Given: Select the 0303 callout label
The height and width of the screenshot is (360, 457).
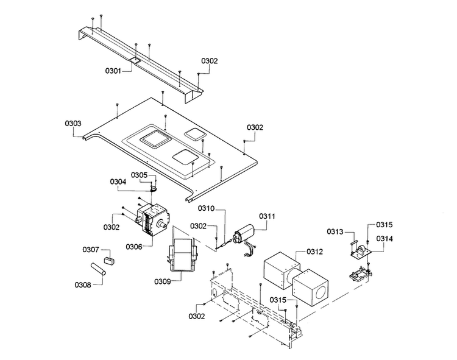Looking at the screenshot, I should (x=73, y=123).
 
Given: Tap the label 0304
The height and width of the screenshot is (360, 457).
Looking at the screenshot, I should (x=118, y=181).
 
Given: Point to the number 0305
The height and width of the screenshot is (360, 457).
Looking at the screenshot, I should (x=140, y=175).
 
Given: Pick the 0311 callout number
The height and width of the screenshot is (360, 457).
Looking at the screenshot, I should (x=267, y=216).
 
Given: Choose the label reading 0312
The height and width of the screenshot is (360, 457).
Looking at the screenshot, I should (x=315, y=251).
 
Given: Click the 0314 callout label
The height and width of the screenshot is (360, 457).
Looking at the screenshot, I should (x=384, y=239).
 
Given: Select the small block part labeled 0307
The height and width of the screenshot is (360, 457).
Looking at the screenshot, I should (x=108, y=260).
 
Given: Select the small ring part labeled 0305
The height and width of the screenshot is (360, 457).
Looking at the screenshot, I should (x=154, y=188).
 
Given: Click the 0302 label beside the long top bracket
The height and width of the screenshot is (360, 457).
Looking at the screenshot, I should (x=209, y=61).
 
